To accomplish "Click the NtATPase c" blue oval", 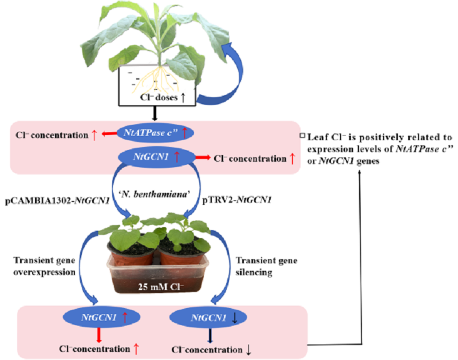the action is pyautogui.click(x=155, y=133).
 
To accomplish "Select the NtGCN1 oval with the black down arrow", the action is pyautogui.click(x=208, y=318).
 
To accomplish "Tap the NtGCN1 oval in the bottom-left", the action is pyautogui.click(x=102, y=317).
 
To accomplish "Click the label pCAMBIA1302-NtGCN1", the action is pyautogui.click(x=57, y=200).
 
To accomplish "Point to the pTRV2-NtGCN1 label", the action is pyautogui.click(x=237, y=200).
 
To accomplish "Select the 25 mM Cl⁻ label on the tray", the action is pyautogui.click(x=161, y=287).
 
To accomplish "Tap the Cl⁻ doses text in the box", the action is pyautogui.click(x=163, y=97).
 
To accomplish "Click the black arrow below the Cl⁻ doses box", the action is pyautogui.click(x=155, y=113).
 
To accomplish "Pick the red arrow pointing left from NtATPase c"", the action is pyautogui.click(x=109, y=134).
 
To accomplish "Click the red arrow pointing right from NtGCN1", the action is pyautogui.click(x=203, y=157).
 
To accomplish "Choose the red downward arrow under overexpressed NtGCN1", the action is pyautogui.click(x=99, y=335).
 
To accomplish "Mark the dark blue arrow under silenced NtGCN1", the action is pyautogui.click(x=210, y=335).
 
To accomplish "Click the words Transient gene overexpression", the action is pyautogui.click(x=45, y=266).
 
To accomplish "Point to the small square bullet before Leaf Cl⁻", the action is pyautogui.click(x=303, y=136).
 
